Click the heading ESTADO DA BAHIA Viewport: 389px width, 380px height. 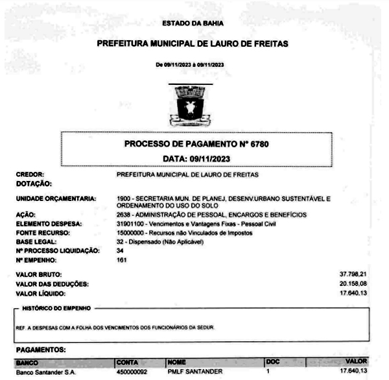pyautogui.click(x=194, y=24)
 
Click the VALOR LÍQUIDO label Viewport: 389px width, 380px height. pyautogui.click(x=41, y=292)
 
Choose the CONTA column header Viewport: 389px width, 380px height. pyautogui.click(x=126, y=361)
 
